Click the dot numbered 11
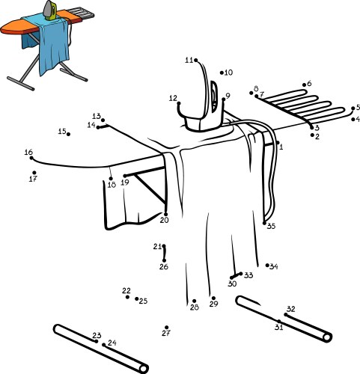click(x=196, y=61)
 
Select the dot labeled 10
click(x=222, y=73)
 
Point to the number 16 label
click(x=28, y=153)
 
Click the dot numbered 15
click(x=69, y=134)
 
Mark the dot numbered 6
click(x=303, y=85)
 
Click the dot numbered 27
click(x=167, y=327)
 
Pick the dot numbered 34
click(x=267, y=265)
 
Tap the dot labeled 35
click(x=265, y=222)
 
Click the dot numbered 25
click(x=137, y=300)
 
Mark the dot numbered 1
click(x=277, y=142)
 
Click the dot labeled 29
click(x=213, y=297)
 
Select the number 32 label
click(x=290, y=308)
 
